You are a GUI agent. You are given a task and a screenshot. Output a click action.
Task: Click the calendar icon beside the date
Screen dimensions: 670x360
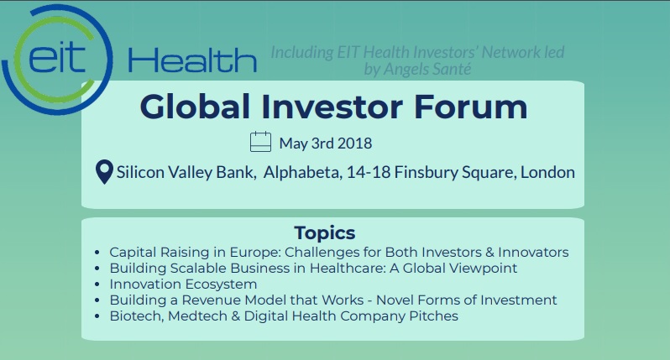[260, 141]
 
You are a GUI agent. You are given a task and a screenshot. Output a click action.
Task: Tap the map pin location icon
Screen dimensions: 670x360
[104, 172]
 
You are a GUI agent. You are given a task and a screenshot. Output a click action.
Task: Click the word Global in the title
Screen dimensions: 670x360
[195, 107]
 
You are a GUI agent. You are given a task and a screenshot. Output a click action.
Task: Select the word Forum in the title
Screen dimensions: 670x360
[471, 107]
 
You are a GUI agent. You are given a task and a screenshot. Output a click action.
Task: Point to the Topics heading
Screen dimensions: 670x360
[325, 233]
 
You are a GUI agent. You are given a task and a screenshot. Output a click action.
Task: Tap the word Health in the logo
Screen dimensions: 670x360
[192, 60]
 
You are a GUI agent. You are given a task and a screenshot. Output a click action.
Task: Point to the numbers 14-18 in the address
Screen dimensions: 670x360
[369, 172]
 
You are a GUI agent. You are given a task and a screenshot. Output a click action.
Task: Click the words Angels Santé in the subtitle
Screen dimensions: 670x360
[427, 69]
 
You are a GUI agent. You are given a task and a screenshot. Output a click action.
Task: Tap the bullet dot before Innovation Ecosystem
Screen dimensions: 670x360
[97, 284]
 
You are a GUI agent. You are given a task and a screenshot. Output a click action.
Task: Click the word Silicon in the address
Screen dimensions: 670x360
[140, 172]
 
